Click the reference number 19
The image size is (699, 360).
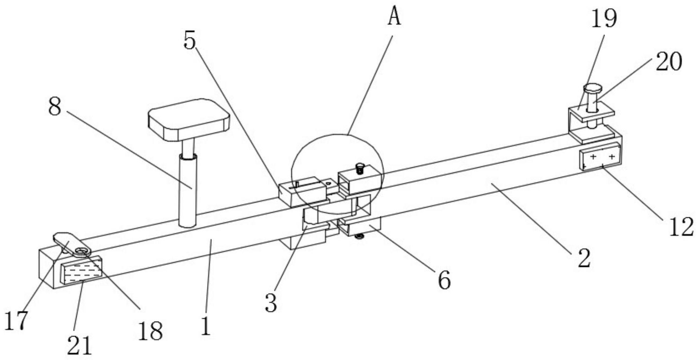[x=603, y=18]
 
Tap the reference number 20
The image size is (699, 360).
[x=669, y=61]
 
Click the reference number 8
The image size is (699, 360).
[x=55, y=106]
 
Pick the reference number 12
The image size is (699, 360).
[x=680, y=227]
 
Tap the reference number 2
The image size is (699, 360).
[x=584, y=258]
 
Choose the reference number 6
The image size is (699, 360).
[x=443, y=280]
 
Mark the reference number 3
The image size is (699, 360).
[x=270, y=303]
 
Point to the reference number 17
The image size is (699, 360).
[x=16, y=321]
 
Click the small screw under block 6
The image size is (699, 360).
[x=358, y=235]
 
